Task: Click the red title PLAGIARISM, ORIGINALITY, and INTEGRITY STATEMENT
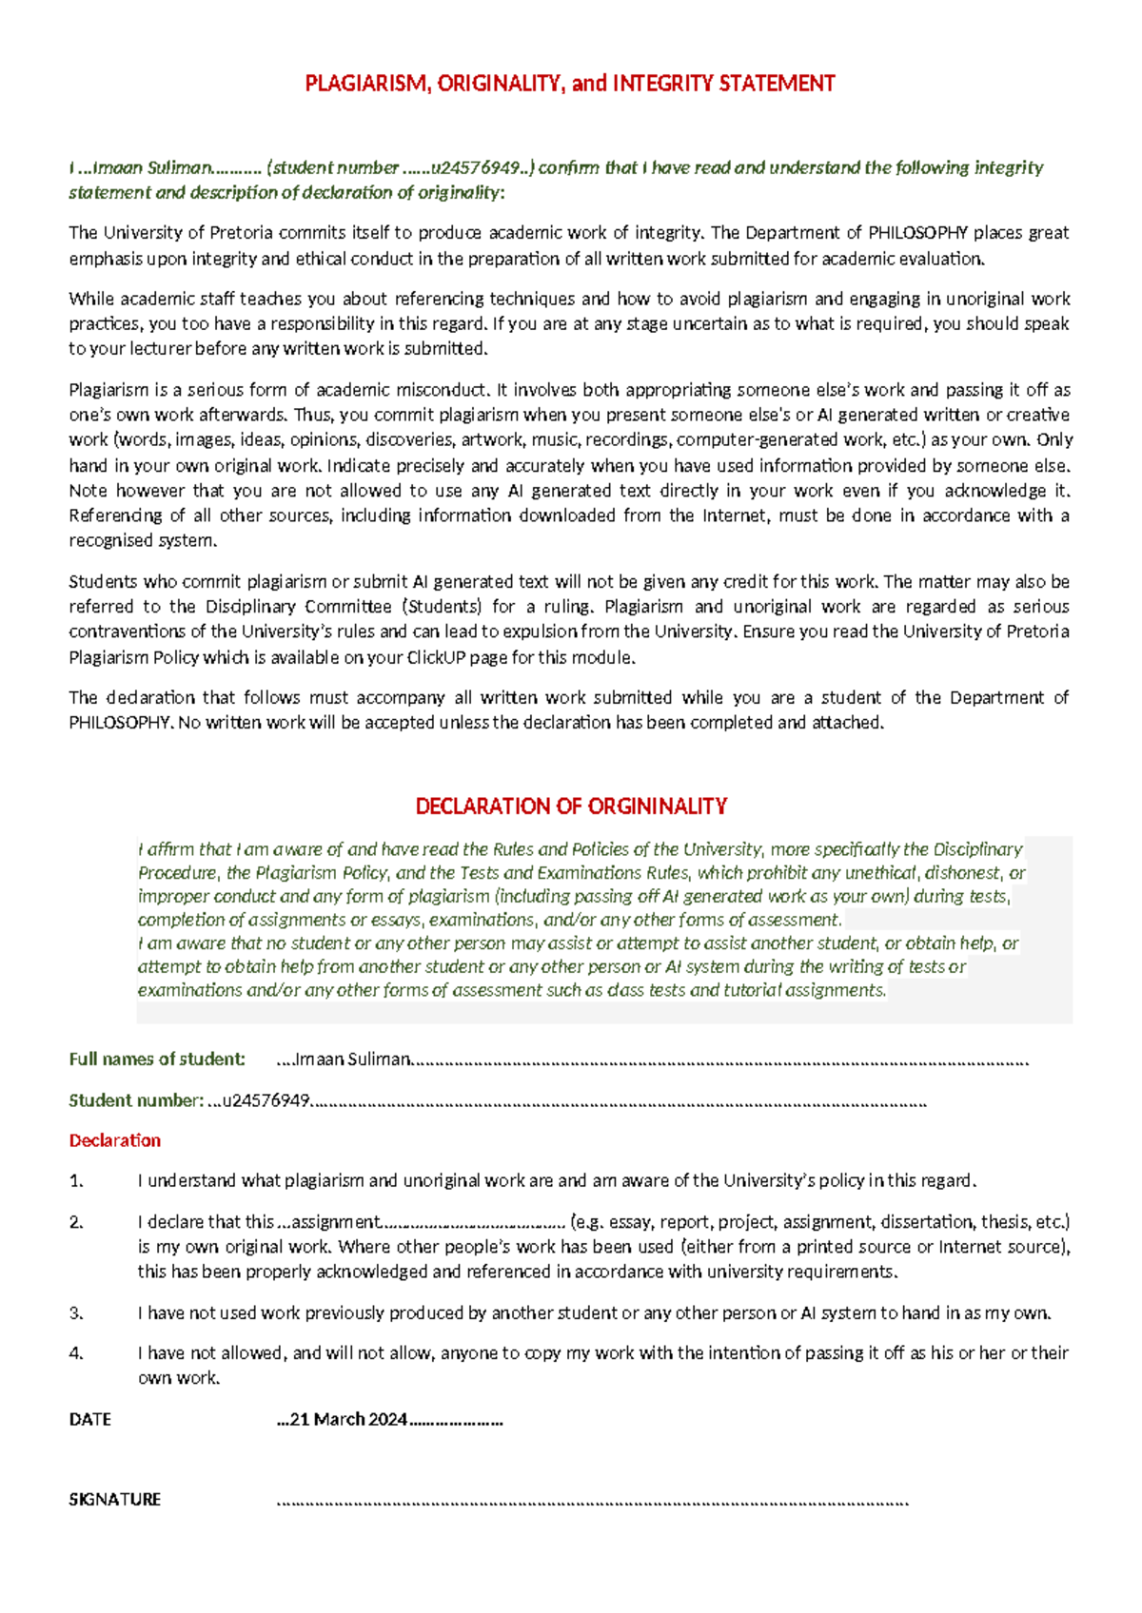coord(569,84)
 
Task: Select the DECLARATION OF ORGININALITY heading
coord(571,806)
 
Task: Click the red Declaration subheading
coord(114,1140)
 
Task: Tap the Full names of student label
coord(157,1059)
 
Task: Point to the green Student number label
coord(135,1100)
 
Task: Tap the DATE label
coord(89,1419)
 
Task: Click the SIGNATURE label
coord(114,1499)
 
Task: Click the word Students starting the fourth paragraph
coord(101,582)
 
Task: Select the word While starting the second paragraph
coord(90,299)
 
